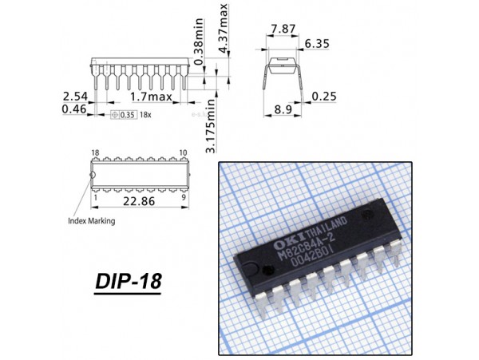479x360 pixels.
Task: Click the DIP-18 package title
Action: click(x=128, y=281)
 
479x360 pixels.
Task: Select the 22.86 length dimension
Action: click(x=139, y=201)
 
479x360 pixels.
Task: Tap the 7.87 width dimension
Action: click(x=283, y=29)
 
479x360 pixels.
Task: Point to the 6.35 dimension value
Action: click(x=317, y=44)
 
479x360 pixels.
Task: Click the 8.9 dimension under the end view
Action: click(x=283, y=109)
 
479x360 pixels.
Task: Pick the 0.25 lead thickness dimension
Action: click(x=324, y=97)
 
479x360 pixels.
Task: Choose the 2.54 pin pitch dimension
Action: click(x=75, y=97)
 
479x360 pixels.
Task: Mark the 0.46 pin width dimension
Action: click(x=74, y=109)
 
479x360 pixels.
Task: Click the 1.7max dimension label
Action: click(x=151, y=97)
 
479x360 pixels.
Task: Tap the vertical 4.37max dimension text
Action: click(x=224, y=28)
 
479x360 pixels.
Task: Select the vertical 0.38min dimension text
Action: click(x=199, y=42)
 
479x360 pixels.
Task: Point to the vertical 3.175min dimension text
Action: click(x=211, y=125)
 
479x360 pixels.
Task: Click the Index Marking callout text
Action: click(x=92, y=221)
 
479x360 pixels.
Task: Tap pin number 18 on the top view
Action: click(x=95, y=152)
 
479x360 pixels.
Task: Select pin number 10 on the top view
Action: click(x=184, y=152)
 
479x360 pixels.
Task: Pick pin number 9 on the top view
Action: click(x=184, y=197)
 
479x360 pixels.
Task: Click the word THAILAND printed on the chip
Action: click(x=326, y=226)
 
